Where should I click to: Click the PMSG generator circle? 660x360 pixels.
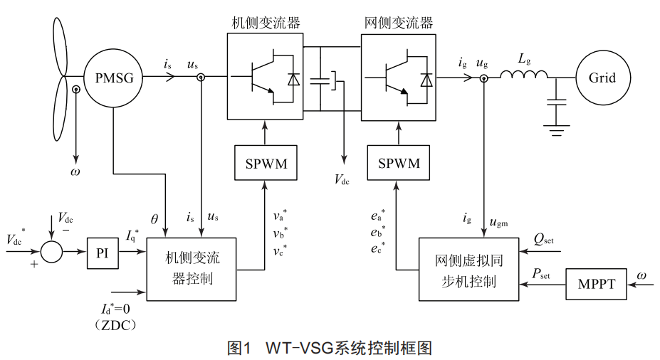pyautogui.click(x=113, y=78)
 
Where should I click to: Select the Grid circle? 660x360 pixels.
pyautogui.click(x=602, y=78)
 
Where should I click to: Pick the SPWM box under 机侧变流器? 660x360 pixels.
pyautogui.click(x=266, y=164)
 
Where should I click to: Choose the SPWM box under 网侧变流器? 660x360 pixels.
pyautogui.click(x=399, y=164)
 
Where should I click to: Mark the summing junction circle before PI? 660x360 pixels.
pyautogui.click(x=51, y=253)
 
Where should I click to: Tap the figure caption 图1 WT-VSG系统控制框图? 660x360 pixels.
pyautogui.click(x=330, y=348)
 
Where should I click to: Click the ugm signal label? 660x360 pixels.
pyautogui.click(x=500, y=222)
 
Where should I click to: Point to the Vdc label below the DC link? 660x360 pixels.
pyautogui.click(x=342, y=180)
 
